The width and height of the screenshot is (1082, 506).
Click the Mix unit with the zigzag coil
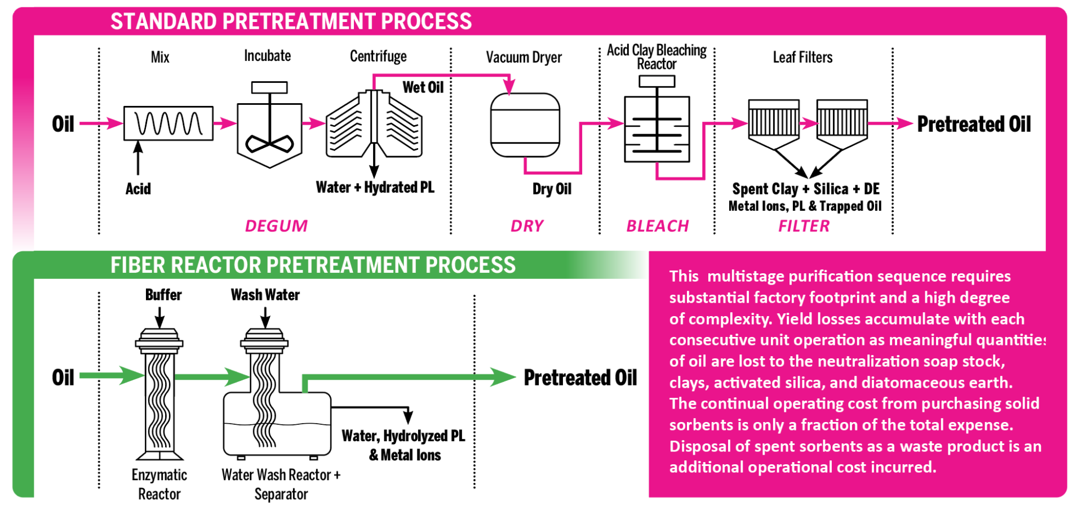tap(168, 123)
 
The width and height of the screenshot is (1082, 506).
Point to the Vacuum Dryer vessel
tap(525, 125)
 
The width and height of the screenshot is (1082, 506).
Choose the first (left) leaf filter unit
tap(773, 121)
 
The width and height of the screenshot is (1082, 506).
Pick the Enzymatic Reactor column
tap(159, 394)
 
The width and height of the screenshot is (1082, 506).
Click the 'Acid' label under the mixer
tap(138, 189)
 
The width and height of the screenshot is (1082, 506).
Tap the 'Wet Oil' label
tap(423, 87)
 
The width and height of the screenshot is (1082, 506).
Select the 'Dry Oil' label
tap(552, 189)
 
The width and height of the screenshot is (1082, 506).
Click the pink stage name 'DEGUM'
tap(276, 226)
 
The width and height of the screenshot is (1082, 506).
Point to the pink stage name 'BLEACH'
tap(658, 226)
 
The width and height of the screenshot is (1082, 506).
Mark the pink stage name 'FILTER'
tap(804, 226)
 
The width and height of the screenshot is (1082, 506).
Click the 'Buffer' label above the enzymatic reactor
tap(163, 295)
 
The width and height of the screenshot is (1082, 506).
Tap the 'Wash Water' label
tap(265, 295)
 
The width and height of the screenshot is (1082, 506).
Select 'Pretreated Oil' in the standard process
tap(974, 124)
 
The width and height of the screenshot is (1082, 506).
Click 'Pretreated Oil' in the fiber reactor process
tap(580, 378)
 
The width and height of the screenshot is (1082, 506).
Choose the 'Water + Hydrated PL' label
tap(375, 187)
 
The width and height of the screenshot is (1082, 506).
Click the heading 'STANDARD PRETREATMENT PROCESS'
tap(291, 21)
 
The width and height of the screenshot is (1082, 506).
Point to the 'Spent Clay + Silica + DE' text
tap(805, 189)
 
